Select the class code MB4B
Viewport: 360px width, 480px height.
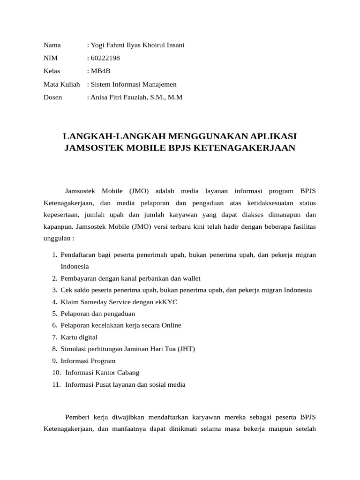(x=101, y=71)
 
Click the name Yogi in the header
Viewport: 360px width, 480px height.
(x=99, y=45)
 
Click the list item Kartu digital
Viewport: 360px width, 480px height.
(x=79, y=337)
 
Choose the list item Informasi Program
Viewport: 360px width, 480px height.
(x=88, y=361)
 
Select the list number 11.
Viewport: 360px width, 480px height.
(x=56, y=385)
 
